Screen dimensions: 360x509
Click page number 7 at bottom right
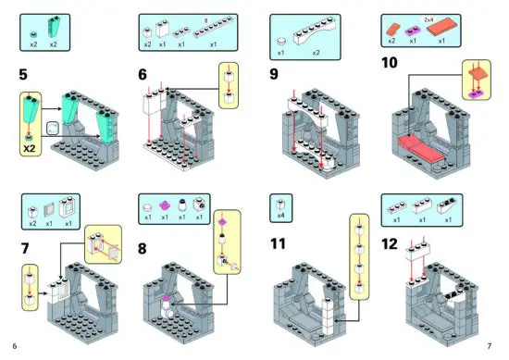(x=489, y=346)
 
